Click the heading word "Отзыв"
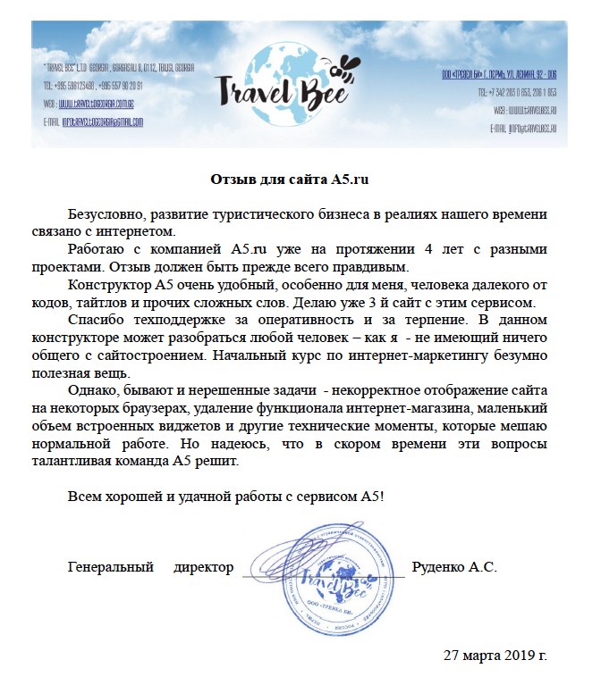click(232, 179)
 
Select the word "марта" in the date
click(478, 655)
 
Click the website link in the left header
click(103, 103)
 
